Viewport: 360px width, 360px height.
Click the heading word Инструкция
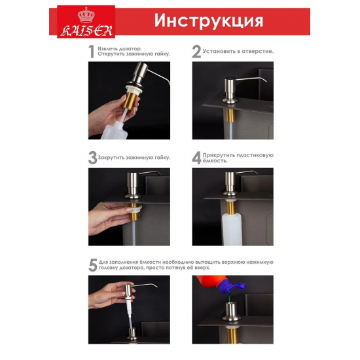[x=209, y=20]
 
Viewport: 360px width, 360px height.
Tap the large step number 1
[x=92, y=52]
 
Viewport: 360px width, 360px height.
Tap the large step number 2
[x=196, y=52]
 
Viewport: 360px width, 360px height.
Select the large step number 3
[x=92, y=158]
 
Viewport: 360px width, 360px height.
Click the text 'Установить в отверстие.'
[x=238, y=50]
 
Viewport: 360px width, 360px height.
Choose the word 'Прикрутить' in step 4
[x=222, y=154]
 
